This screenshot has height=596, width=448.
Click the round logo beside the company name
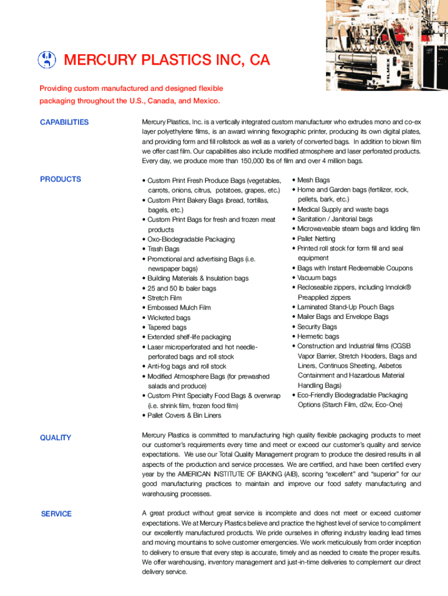(x=47, y=59)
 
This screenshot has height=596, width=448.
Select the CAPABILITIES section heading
(x=64, y=122)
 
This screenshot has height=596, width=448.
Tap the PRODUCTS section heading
(x=61, y=179)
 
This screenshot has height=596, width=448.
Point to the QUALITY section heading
(x=55, y=438)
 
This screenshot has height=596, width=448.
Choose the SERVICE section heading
(x=56, y=514)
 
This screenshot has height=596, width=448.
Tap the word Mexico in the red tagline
(x=205, y=101)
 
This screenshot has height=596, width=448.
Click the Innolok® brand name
(x=400, y=288)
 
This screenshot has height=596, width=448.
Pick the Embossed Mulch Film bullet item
(x=179, y=308)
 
